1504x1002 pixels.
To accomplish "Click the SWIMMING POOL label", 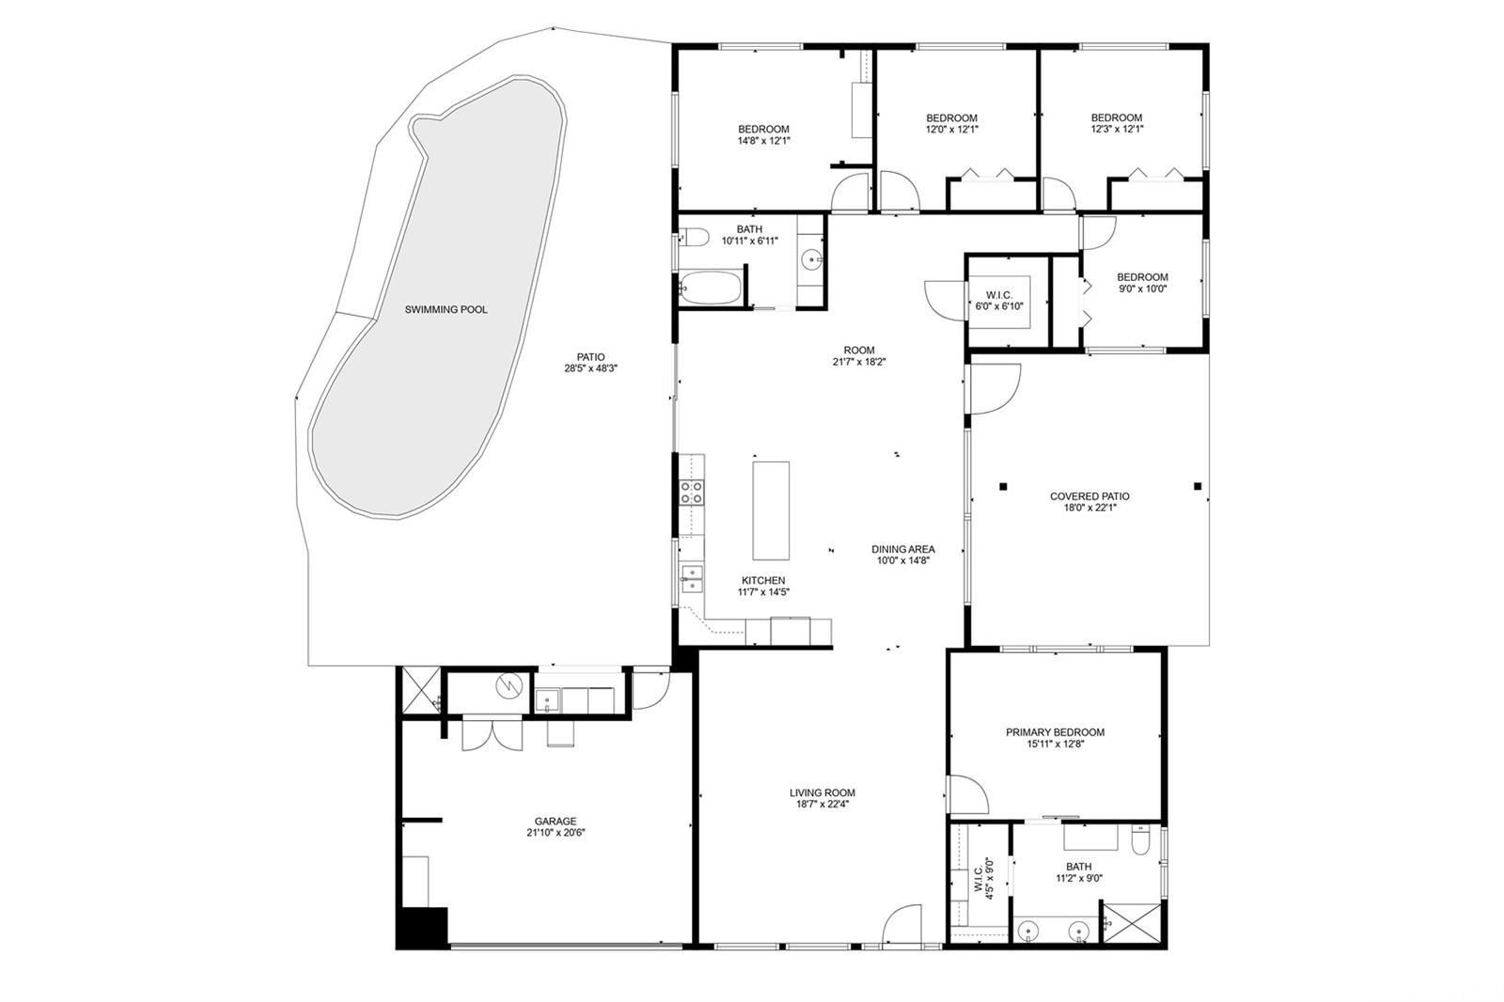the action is pyautogui.click(x=446, y=309).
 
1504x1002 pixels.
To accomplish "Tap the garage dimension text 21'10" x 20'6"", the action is pyautogui.click(x=556, y=833).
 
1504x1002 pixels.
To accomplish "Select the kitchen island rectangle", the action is pyautogui.click(x=771, y=510).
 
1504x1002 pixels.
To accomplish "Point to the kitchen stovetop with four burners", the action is pyautogui.click(x=692, y=493).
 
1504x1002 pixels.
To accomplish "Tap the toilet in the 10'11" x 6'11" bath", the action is pyautogui.click(x=694, y=237).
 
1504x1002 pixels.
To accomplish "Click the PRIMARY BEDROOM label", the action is pyautogui.click(x=1055, y=732).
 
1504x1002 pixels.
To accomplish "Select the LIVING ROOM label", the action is pyautogui.click(x=822, y=792).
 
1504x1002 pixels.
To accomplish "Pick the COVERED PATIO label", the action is pyautogui.click(x=1089, y=496).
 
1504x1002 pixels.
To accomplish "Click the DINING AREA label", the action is pyautogui.click(x=903, y=549).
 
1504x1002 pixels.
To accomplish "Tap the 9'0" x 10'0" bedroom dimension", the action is pyautogui.click(x=1142, y=289).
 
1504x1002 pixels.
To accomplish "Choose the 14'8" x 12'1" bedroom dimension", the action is pyautogui.click(x=764, y=141).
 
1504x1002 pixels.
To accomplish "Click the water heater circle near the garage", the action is pyautogui.click(x=509, y=685).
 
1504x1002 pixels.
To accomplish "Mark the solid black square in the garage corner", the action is pyautogui.click(x=422, y=928).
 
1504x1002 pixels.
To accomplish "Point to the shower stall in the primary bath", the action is pyautogui.click(x=1132, y=924).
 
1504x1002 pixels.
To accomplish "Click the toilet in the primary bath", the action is pyautogui.click(x=1141, y=840).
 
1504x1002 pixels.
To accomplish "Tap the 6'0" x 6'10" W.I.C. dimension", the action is pyautogui.click(x=999, y=307).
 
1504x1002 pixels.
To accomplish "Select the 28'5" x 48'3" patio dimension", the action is pyautogui.click(x=590, y=368).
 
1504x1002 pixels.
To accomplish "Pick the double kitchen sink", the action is pyautogui.click(x=692, y=579).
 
